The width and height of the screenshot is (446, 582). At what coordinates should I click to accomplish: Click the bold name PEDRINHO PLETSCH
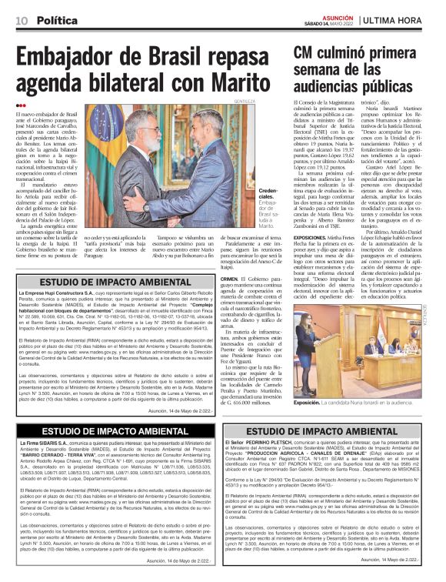tap(271, 443)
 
